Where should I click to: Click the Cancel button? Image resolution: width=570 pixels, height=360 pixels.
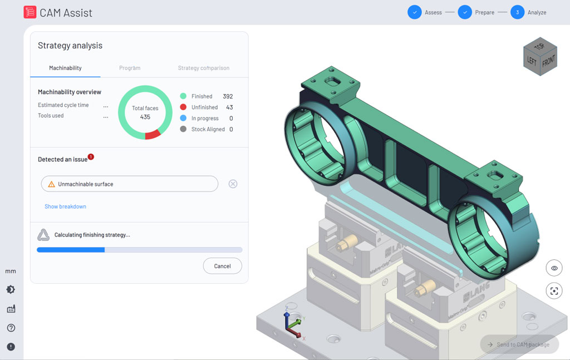coord(222,266)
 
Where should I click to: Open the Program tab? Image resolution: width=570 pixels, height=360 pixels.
coord(130,68)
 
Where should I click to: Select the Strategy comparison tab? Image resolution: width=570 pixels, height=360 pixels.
coord(203,68)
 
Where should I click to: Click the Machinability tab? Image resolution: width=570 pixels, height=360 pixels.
coord(65,68)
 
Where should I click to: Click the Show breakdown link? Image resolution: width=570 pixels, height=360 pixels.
coord(65,206)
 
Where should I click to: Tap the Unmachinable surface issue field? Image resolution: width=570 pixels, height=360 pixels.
coord(129,184)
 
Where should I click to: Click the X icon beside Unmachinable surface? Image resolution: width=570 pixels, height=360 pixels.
coord(233,184)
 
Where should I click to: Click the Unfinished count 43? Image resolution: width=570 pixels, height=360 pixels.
coord(229,107)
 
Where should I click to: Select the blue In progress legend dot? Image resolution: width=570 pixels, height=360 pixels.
coord(183,119)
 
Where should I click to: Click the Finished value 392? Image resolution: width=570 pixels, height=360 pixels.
coord(227,96)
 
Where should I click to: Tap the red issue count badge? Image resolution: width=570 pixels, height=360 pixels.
coord(91,157)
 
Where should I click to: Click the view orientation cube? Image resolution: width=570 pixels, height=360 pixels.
coord(539,56)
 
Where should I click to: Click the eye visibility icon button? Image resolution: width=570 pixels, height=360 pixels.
coord(554,268)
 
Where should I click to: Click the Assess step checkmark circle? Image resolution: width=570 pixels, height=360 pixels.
coord(414,12)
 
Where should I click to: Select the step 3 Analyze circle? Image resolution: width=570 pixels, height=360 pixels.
coord(517,12)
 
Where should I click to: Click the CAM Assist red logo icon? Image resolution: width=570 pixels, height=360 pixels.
coord(30,12)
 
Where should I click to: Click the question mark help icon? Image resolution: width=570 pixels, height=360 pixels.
coord(11,328)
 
